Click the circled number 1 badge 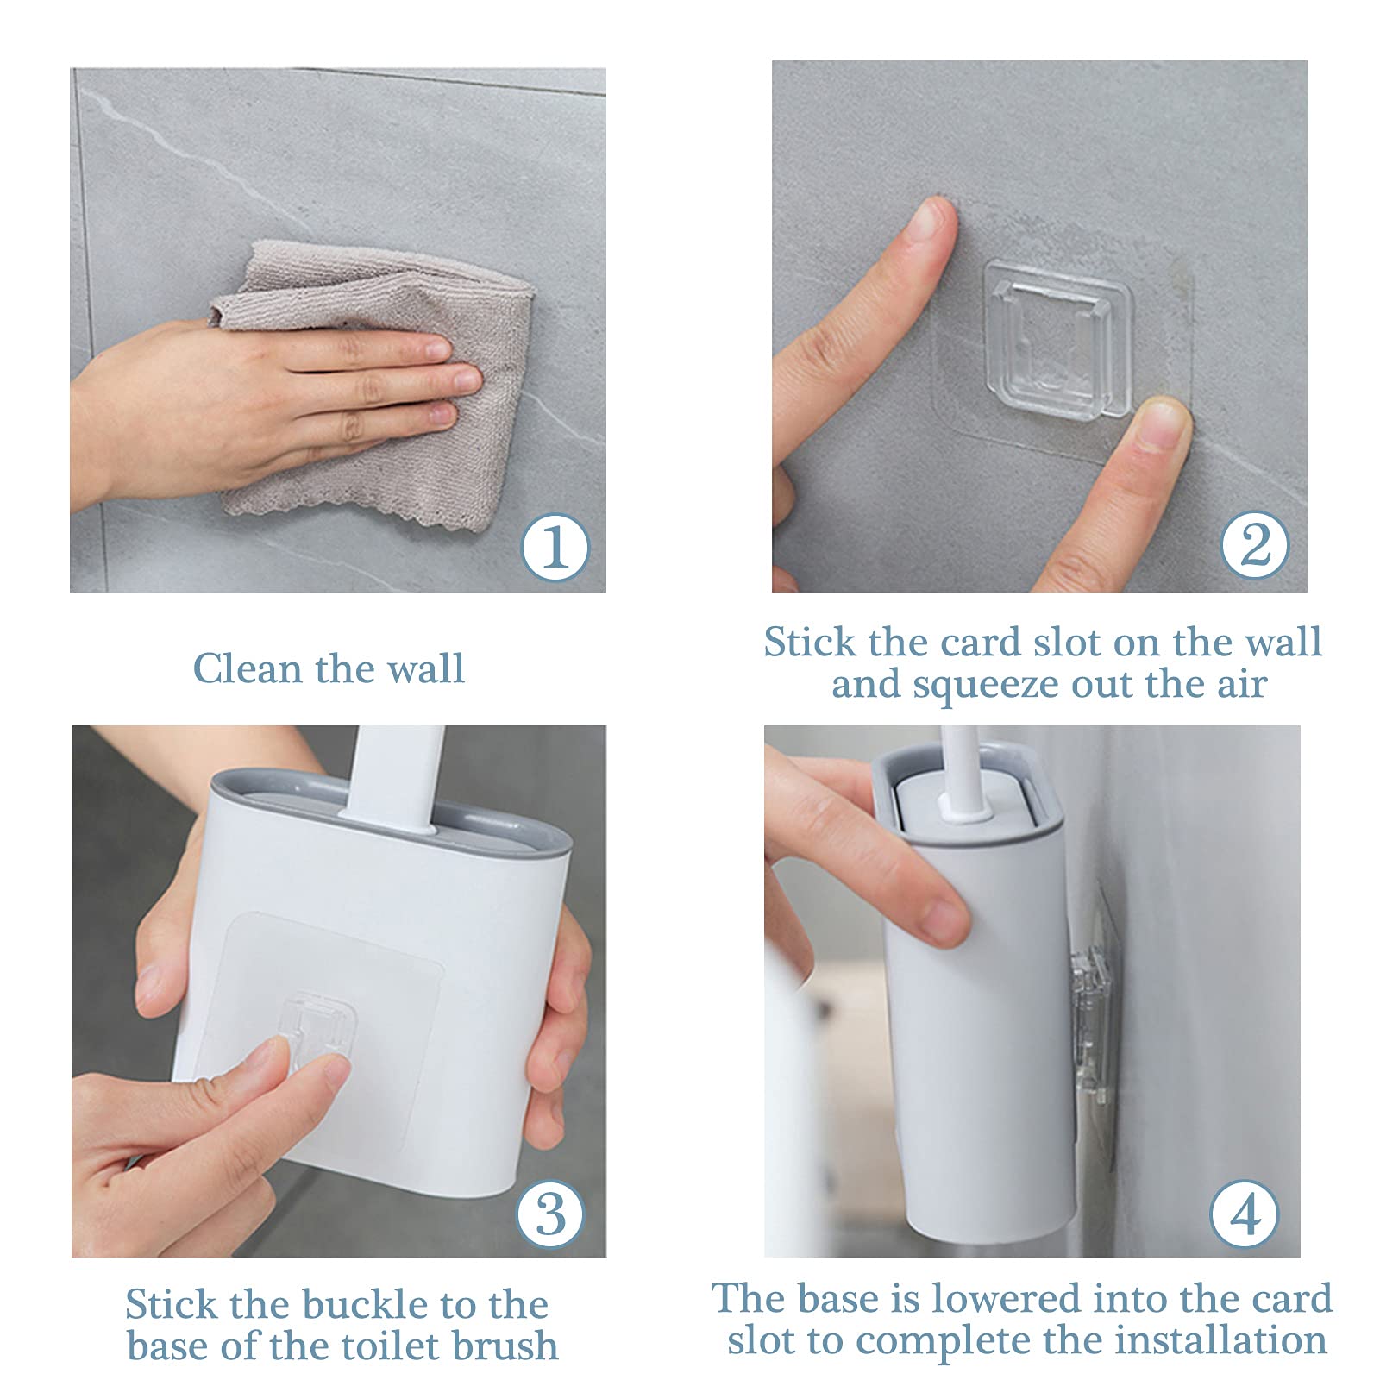pos(555,546)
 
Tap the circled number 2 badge pos(1255,544)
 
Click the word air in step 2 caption pos(1243,685)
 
